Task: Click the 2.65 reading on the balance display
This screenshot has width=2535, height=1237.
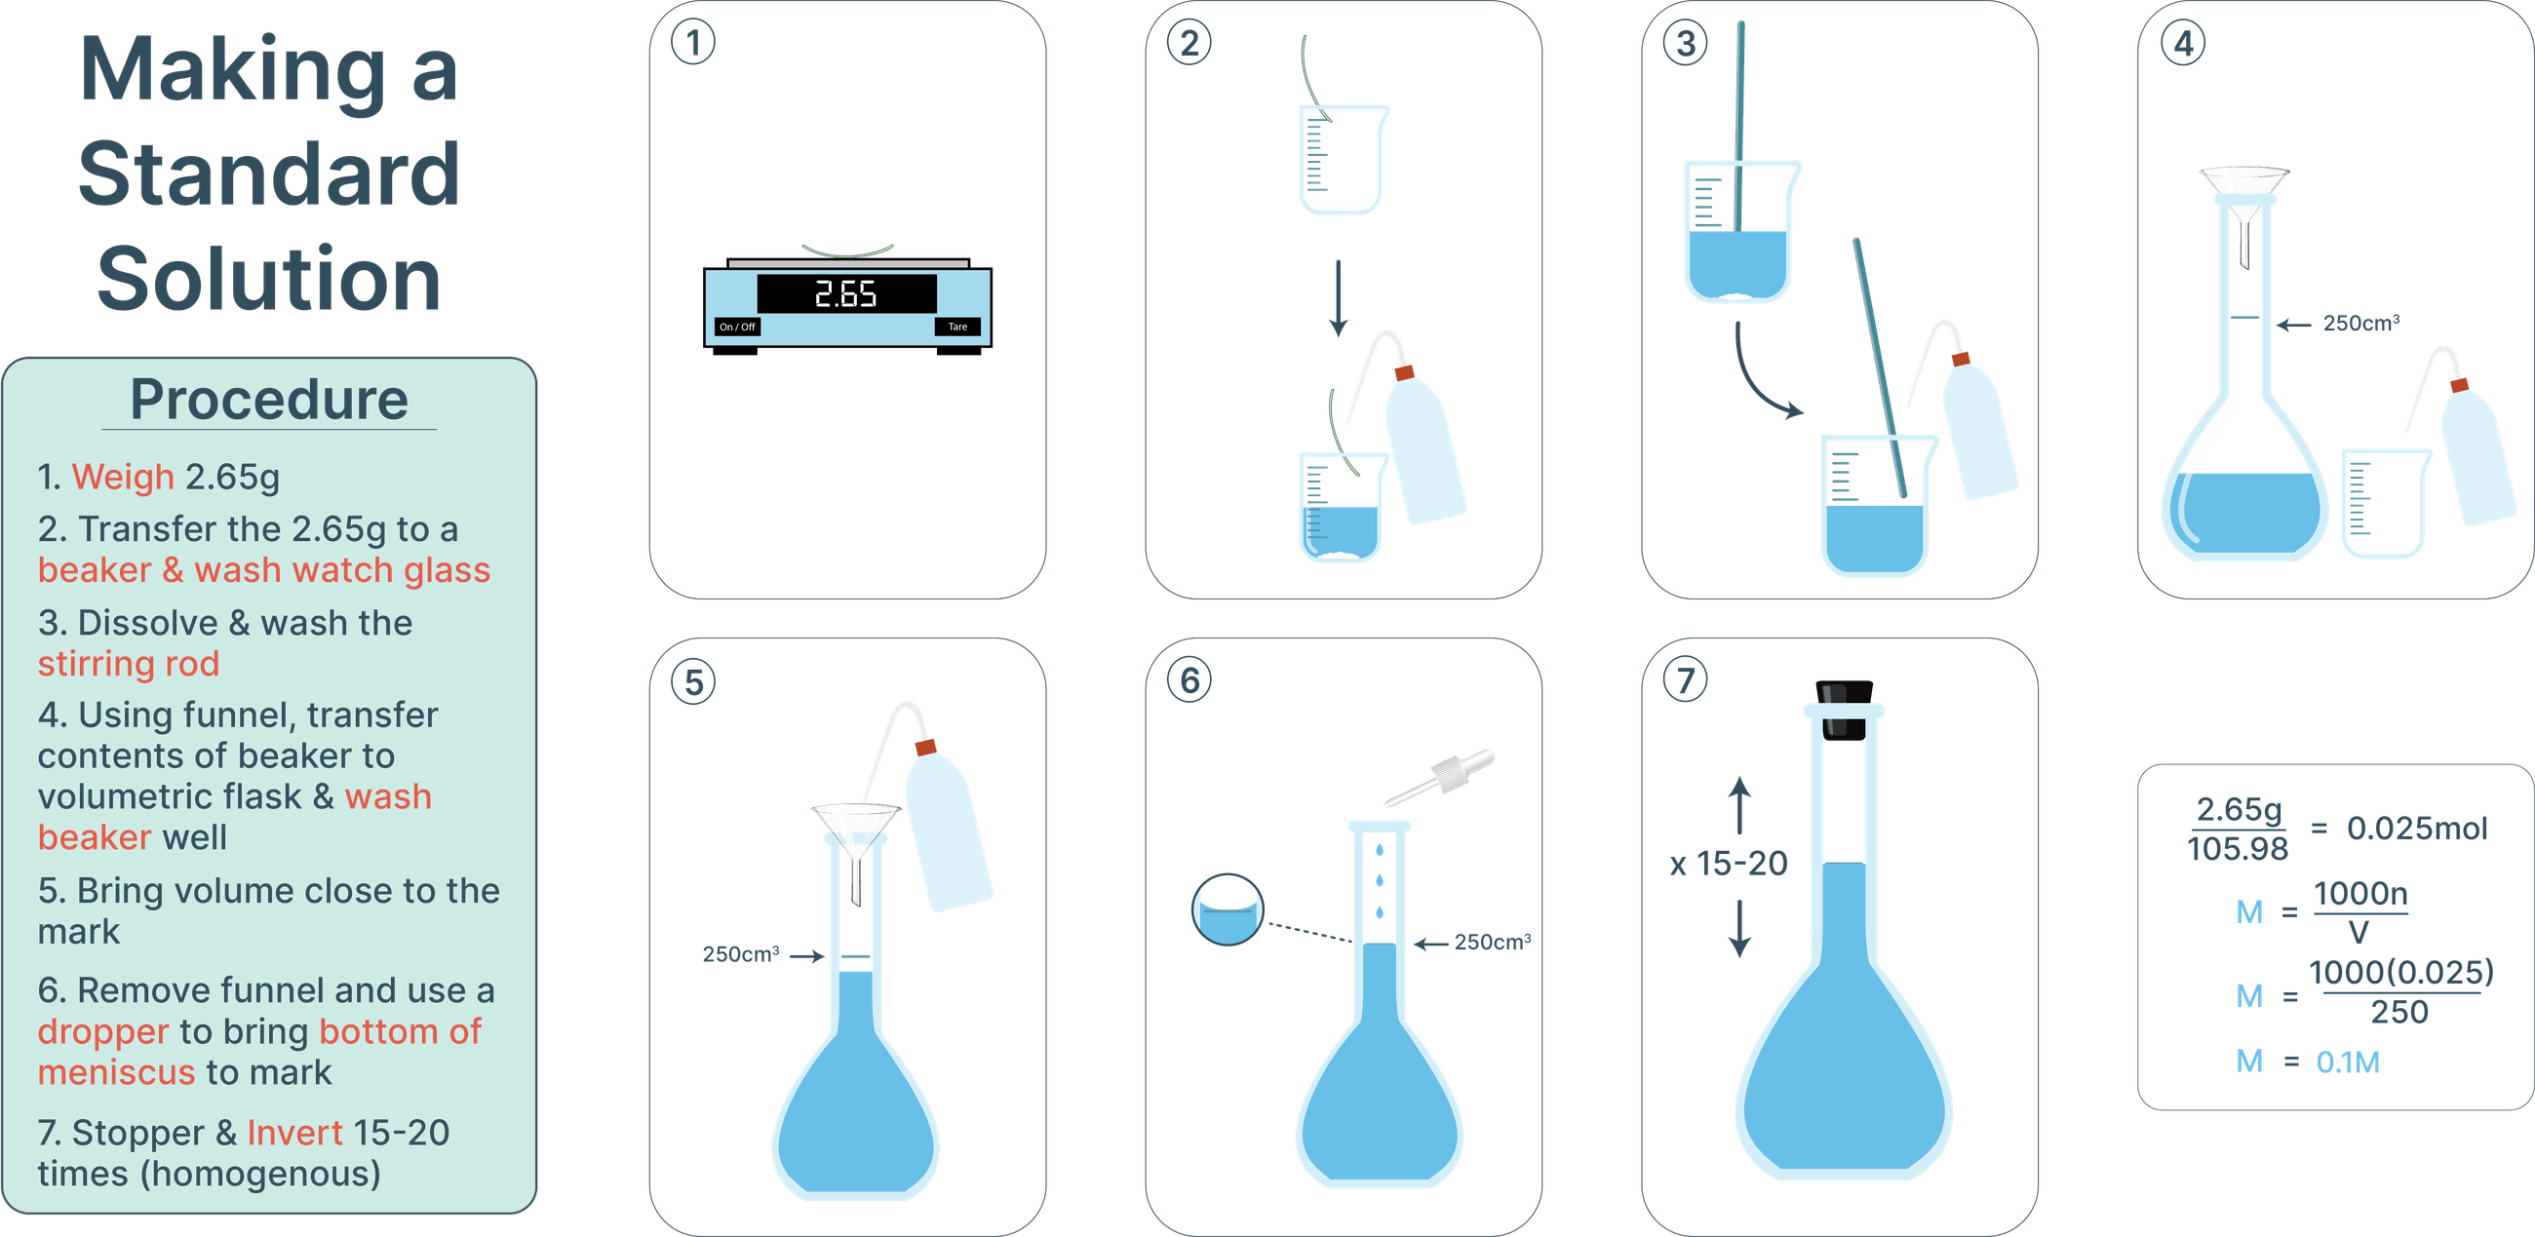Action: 845,294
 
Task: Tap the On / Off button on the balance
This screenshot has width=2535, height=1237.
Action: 737,327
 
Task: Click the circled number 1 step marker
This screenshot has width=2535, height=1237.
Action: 693,44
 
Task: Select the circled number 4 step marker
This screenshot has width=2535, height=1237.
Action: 2183,44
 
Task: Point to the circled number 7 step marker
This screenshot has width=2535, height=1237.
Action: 1685,681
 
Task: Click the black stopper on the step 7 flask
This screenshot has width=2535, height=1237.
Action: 1843,710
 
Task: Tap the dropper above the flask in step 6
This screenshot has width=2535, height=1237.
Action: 1441,778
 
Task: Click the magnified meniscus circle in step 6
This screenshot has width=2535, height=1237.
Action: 1228,909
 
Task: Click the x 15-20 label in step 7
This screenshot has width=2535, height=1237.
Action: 1729,864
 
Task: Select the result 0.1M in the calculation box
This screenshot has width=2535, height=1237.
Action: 2348,1062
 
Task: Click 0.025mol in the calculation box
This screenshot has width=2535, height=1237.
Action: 2417,829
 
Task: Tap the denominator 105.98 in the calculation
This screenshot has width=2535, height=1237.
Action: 2237,848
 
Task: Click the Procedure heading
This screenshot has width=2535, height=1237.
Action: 269,400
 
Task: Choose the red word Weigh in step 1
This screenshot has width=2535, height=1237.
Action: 123,478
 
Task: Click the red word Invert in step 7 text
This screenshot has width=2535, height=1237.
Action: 294,1133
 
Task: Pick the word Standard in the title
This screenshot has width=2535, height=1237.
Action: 269,174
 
